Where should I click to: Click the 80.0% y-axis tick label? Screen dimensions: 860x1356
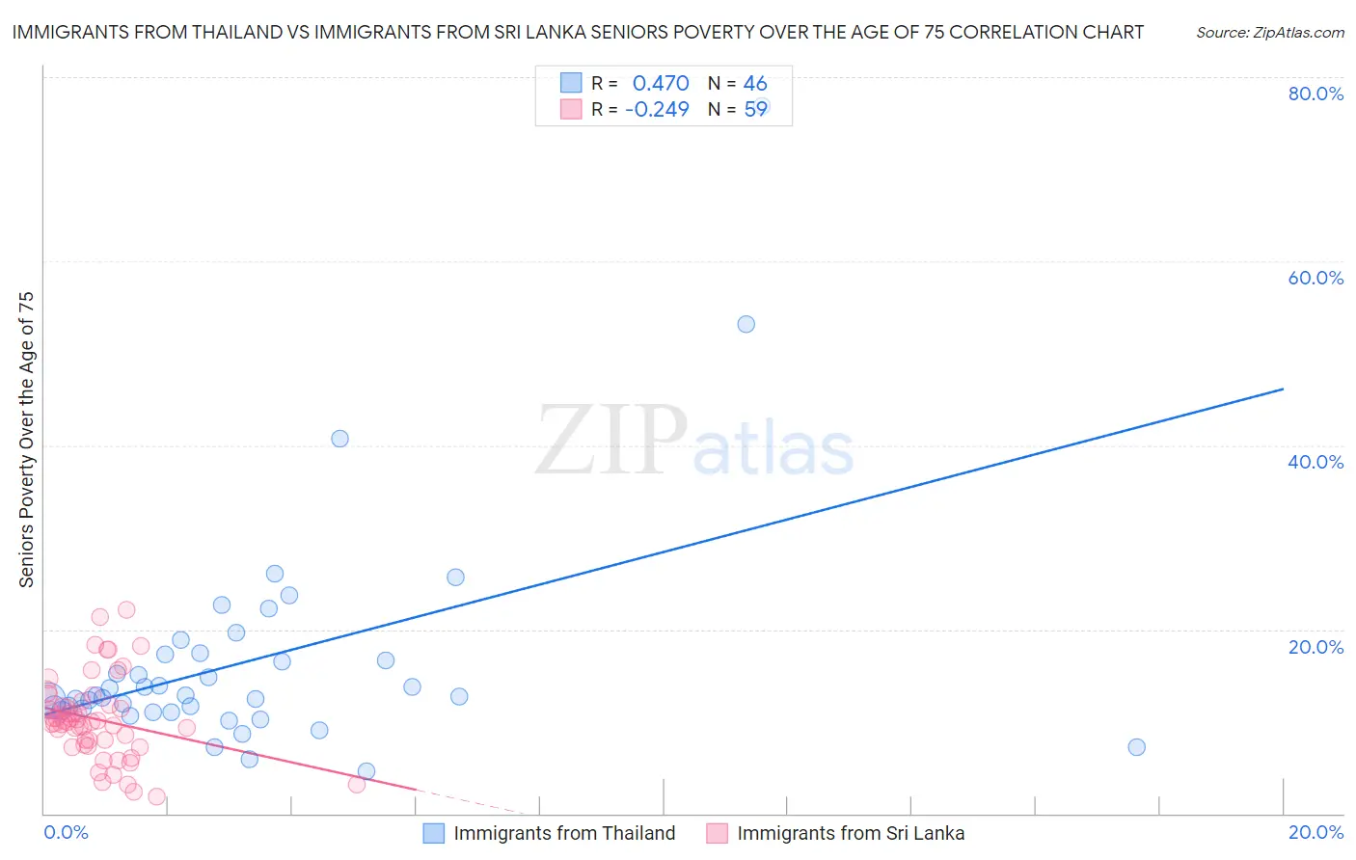pyautogui.click(x=1315, y=94)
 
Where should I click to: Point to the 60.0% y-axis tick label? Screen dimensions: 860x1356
pyautogui.click(x=1315, y=278)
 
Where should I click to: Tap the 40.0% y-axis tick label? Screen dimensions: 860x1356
pyautogui.click(x=1315, y=462)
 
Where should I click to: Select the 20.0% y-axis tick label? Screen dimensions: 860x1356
pyautogui.click(x=1315, y=647)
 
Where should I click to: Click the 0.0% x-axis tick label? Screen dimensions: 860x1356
pyautogui.click(x=66, y=832)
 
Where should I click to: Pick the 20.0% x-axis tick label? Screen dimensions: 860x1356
pyautogui.click(x=1315, y=832)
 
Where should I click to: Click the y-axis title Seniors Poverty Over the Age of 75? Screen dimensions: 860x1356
pyautogui.click(x=27, y=440)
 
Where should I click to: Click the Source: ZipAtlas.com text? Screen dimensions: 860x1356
pyautogui.click(x=1269, y=33)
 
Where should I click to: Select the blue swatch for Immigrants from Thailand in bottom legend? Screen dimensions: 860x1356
pyautogui.click(x=434, y=833)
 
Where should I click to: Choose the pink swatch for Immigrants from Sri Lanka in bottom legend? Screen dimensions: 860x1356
pyautogui.click(x=717, y=833)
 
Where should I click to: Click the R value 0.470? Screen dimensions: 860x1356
pyautogui.click(x=661, y=84)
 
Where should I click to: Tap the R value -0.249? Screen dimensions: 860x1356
pyautogui.click(x=657, y=110)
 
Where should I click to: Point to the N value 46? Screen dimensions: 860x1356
pyautogui.click(x=755, y=84)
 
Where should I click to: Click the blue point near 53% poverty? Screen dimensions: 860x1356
pyautogui.click(x=746, y=324)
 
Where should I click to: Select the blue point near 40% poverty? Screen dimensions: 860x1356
pyautogui.click(x=339, y=439)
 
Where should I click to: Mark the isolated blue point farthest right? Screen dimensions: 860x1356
pyautogui.click(x=1136, y=747)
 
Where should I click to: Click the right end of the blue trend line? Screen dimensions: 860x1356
pyautogui.click(x=1283, y=389)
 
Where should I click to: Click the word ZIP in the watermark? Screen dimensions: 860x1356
pyautogui.click(x=610, y=441)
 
